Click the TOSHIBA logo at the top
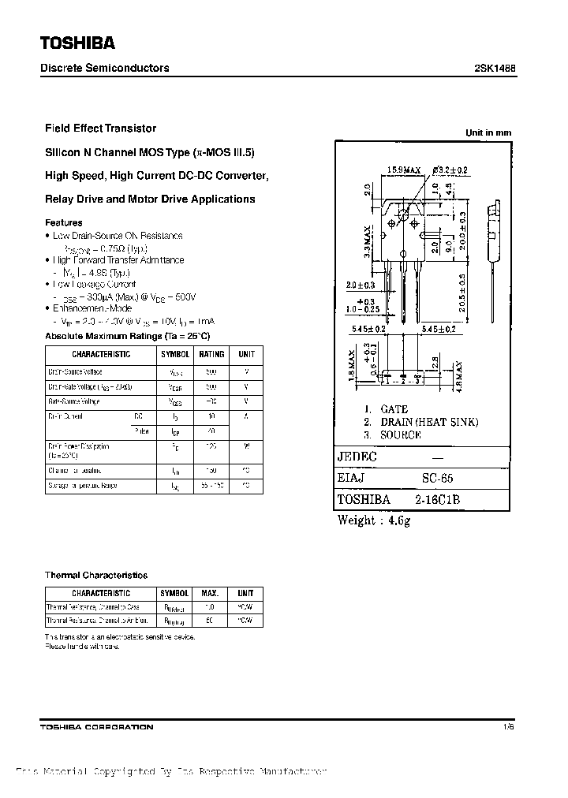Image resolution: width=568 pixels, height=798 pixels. pyautogui.click(x=77, y=43)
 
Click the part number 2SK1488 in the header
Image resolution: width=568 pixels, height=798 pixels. pyautogui.click(x=497, y=68)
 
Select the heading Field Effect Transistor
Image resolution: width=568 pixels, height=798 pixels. pyautogui.click(x=101, y=128)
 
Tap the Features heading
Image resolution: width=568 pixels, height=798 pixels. pyautogui.click(x=64, y=222)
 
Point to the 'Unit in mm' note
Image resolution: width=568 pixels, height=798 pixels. pyautogui.click(x=488, y=132)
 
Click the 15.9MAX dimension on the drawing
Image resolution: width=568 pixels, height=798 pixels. pyautogui.click(x=404, y=170)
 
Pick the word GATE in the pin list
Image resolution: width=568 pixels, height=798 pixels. pyautogui.click(x=394, y=409)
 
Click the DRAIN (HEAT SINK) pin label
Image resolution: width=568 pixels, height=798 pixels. pyautogui.click(x=429, y=422)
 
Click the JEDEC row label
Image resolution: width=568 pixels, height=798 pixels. pyautogui.click(x=357, y=457)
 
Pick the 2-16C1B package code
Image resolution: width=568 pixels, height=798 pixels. pyautogui.click(x=439, y=499)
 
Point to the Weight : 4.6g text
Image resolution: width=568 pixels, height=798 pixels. pyautogui.click(x=374, y=520)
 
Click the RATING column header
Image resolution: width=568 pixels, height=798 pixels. pyautogui.click(x=211, y=355)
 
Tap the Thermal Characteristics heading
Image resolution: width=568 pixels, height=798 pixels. pyautogui.click(x=96, y=575)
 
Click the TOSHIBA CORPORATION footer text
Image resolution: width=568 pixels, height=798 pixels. pyautogui.click(x=97, y=726)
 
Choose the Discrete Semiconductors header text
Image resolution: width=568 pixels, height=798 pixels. pyautogui.click(x=105, y=68)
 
